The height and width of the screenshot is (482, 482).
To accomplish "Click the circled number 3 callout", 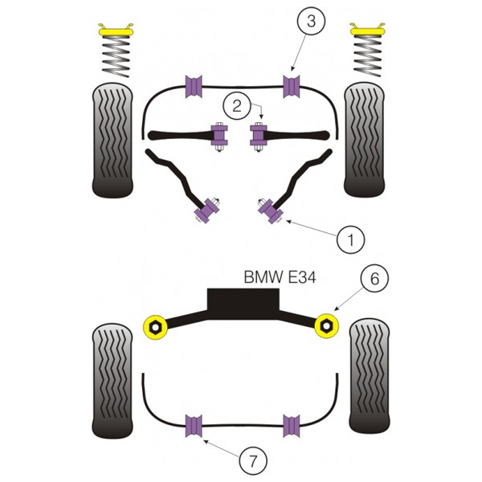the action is point(311,22).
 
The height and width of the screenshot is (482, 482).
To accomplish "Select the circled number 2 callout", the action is point(237,106).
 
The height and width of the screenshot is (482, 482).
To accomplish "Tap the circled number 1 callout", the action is point(350,239).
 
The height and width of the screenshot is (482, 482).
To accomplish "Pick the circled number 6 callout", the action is point(374,279).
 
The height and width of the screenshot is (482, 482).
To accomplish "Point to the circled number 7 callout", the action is point(253,461).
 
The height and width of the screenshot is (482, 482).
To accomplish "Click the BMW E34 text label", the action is point(280,277).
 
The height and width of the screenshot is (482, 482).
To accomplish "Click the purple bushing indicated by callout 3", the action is point(291,87).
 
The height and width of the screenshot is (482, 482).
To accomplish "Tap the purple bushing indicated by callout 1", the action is point(271,210).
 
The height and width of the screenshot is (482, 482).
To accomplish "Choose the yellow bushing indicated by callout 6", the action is point(327,326).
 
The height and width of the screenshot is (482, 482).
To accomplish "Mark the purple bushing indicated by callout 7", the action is point(194,426).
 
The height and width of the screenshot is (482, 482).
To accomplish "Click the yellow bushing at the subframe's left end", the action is point(155,327).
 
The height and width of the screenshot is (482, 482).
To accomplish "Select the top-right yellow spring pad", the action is point(367,31).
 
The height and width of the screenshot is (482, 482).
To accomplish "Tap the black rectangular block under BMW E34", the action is point(243,304).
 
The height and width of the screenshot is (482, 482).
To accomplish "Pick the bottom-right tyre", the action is point(370,376).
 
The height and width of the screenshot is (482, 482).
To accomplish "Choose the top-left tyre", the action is point(112,140).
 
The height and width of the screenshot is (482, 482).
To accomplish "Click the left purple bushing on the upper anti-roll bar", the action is point(194,87).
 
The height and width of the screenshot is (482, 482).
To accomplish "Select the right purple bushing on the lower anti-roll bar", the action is point(292,426).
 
